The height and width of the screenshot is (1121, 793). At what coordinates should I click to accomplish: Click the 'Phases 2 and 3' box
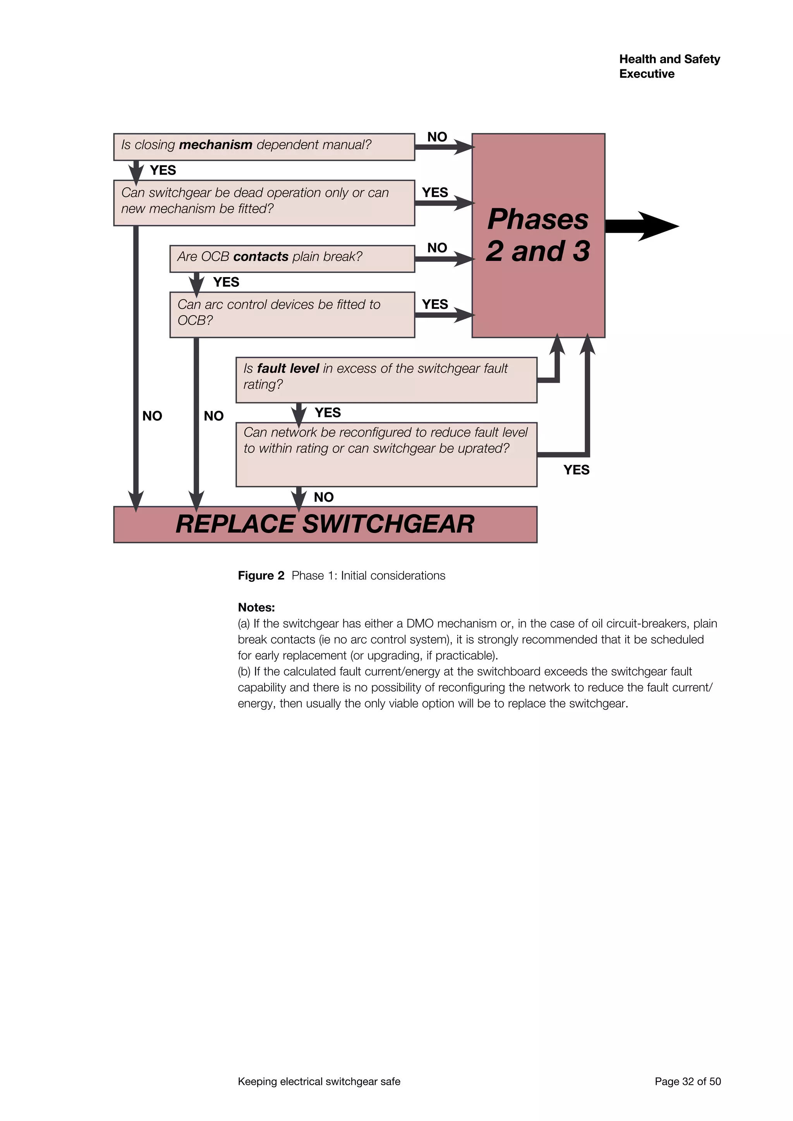(x=538, y=235)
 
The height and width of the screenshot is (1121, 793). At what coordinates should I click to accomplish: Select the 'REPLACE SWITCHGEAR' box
(x=325, y=525)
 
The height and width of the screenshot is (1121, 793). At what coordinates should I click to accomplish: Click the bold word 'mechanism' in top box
(x=215, y=145)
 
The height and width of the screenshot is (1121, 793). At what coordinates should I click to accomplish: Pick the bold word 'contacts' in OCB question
(x=261, y=257)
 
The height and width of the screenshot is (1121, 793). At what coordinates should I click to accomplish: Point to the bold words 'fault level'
(x=288, y=369)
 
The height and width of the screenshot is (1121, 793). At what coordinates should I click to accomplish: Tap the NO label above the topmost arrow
(x=437, y=137)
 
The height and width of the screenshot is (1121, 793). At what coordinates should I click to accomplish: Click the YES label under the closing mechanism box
(x=163, y=170)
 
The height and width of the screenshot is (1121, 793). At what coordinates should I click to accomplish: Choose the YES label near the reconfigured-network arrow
(x=576, y=470)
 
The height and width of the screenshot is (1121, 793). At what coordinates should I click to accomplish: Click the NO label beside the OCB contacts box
(x=437, y=248)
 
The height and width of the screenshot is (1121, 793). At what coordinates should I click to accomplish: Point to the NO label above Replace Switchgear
(x=324, y=497)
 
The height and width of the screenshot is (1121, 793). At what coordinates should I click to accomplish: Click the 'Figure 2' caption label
(x=261, y=576)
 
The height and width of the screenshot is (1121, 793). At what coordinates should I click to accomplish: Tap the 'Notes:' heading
(x=256, y=607)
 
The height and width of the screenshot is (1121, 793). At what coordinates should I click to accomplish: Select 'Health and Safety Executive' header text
(x=669, y=67)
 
